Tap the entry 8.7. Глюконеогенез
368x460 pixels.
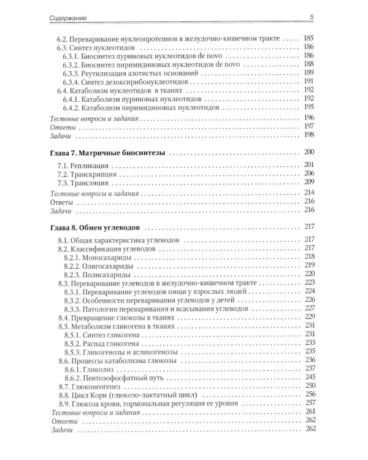pyautogui.click(x=91, y=388)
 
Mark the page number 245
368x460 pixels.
pyautogui.click(x=309, y=378)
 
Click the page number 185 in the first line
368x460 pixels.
pyautogui.click(x=309, y=38)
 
